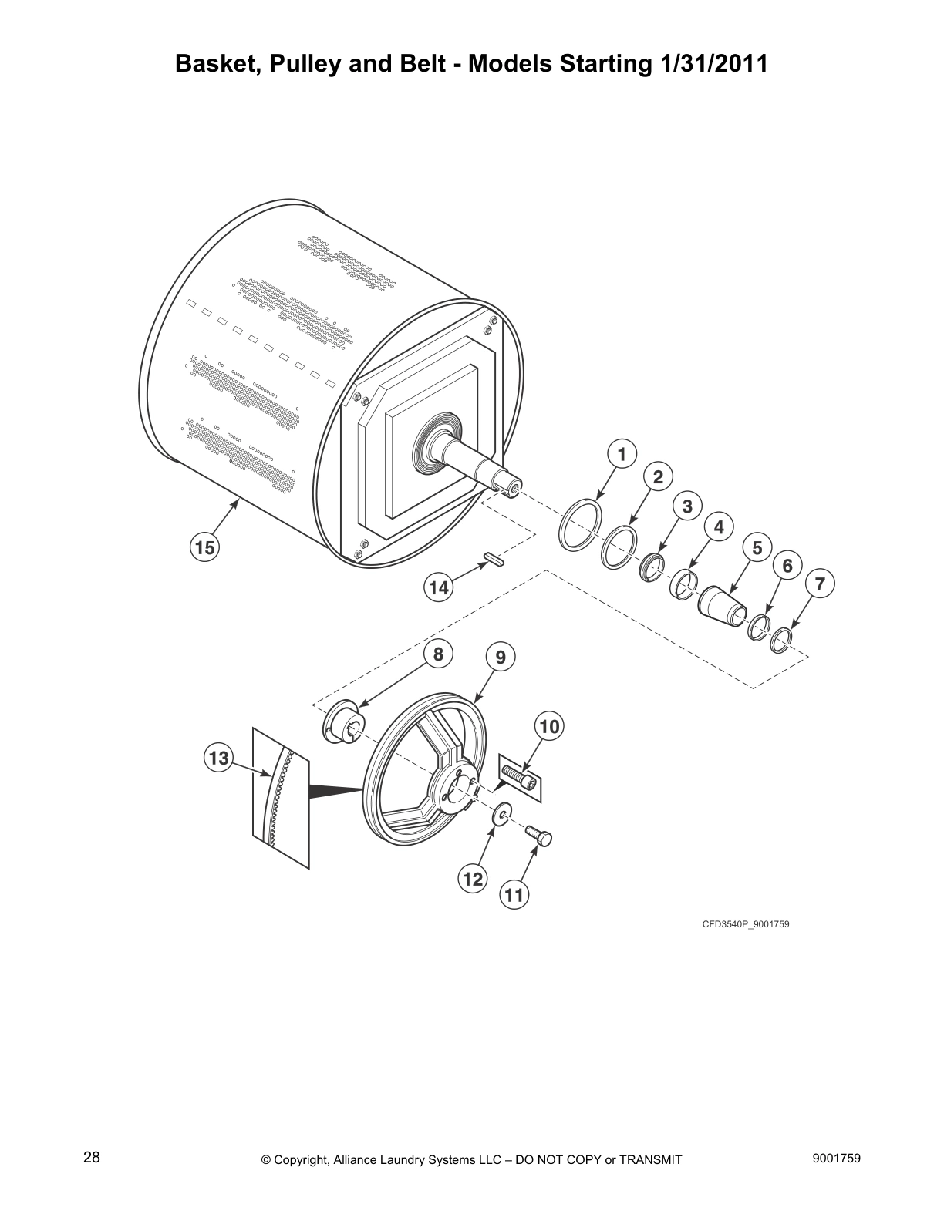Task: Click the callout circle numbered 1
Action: point(622,454)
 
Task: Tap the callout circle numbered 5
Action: point(757,547)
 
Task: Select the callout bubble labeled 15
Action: point(204,548)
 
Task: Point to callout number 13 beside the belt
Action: point(219,758)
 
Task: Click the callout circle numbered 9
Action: point(501,657)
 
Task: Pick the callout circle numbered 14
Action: point(438,588)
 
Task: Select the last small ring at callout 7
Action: point(781,640)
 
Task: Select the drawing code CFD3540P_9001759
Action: point(745,923)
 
